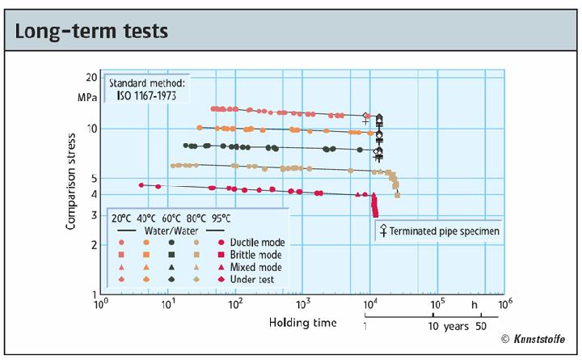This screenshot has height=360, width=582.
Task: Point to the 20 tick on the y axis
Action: point(90,78)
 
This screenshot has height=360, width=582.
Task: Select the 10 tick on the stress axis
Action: point(90,129)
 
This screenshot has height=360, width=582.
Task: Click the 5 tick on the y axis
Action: point(92,178)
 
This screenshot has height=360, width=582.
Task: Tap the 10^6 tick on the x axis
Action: point(504,306)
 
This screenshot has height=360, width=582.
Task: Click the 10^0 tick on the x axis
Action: point(100,306)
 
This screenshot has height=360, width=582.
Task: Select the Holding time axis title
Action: point(302,323)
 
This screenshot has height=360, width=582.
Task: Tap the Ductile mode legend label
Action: point(258,242)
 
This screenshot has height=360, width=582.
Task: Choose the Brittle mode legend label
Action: point(257,254)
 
